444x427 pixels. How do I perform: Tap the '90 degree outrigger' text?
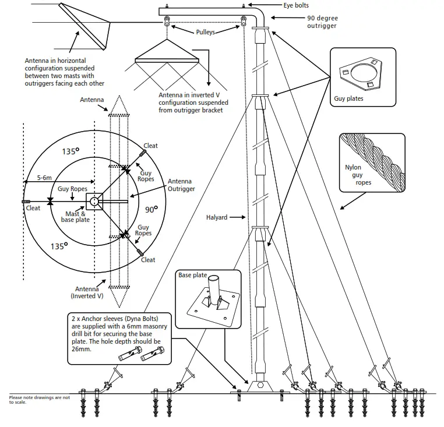322,22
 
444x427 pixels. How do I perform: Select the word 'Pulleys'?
205,32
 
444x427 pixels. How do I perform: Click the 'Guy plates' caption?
348,98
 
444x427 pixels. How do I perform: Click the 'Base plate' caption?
193,275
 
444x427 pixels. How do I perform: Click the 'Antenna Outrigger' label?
181,185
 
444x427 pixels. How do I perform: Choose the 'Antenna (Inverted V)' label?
87,292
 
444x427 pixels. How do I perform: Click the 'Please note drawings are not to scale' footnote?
38,399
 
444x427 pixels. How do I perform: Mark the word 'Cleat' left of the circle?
33,208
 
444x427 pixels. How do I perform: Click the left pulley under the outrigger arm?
168,22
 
